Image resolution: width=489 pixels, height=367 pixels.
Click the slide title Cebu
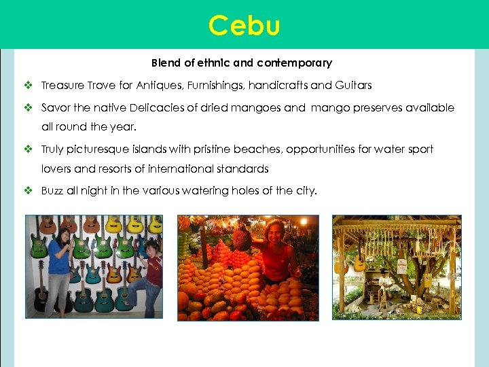coord(244,26)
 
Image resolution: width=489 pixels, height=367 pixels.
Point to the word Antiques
coord(158,86)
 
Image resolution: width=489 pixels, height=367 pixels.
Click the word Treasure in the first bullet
coord(62,86)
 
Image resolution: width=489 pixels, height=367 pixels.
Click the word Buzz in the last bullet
coord(52,191)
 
